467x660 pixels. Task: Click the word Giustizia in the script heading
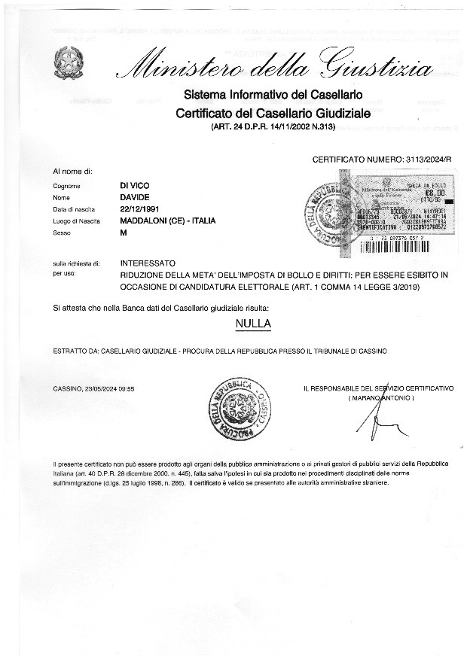380,68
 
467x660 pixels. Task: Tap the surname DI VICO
136,184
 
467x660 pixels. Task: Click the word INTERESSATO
148,263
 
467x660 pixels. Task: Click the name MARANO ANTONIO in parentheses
381,397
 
